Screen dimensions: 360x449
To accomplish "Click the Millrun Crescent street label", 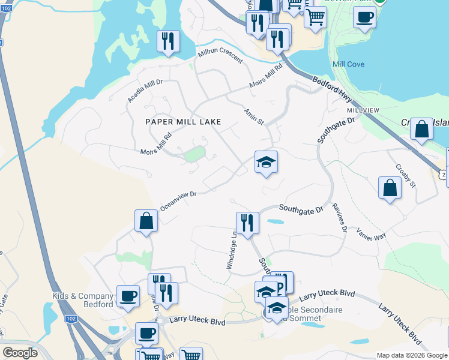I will point(220,56).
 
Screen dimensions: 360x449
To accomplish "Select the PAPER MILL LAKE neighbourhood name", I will point(184,122).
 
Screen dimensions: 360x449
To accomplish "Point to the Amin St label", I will point(254,116).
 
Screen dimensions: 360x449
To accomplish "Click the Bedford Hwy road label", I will point(334,88).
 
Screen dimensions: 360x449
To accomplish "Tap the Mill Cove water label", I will point(348,64).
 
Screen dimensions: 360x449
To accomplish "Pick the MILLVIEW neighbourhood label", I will point(363,111).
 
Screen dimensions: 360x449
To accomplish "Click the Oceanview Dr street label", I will point(179,201).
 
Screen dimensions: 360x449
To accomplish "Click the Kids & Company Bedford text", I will point(83,300).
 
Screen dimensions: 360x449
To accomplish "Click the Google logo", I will point(19,353).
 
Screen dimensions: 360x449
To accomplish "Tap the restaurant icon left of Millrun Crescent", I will point(168,41).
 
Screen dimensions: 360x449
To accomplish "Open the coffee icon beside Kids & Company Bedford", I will point(128,296).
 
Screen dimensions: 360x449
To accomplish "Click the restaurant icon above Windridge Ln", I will point(247,223).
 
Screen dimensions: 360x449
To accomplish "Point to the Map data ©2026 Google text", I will point(411,355).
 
